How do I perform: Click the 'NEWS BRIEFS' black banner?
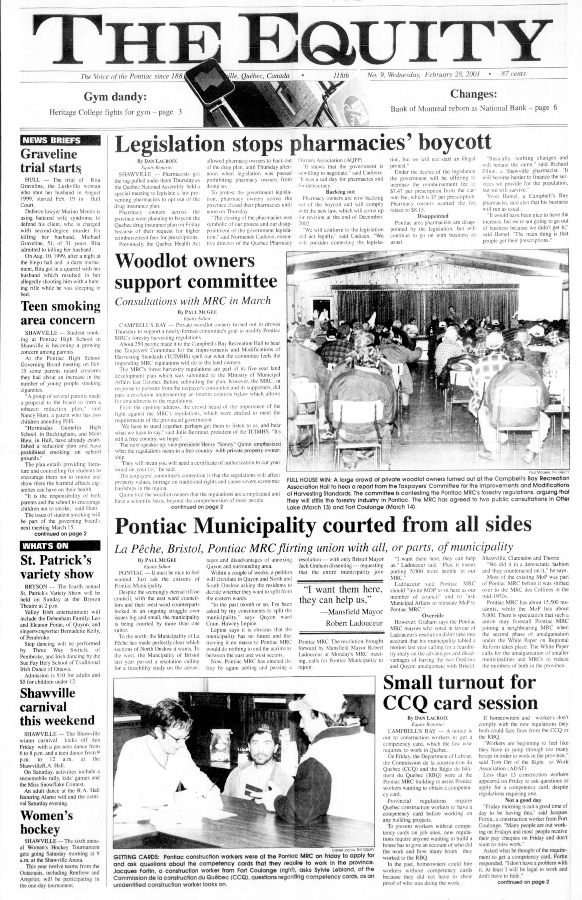60,140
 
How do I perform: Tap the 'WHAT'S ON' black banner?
60,545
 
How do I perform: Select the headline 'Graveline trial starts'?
49,161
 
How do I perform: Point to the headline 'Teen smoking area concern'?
60,313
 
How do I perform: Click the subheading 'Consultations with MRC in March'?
193,301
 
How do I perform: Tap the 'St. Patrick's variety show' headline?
57,566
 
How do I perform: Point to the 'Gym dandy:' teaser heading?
115,97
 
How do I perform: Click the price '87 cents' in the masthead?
513,74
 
